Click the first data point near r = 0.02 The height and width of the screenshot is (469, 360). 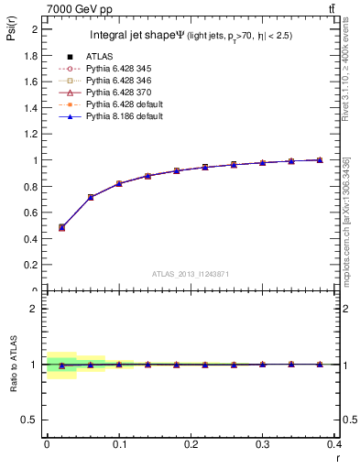point(61,227)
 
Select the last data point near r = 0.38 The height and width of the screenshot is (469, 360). point(320,159)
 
